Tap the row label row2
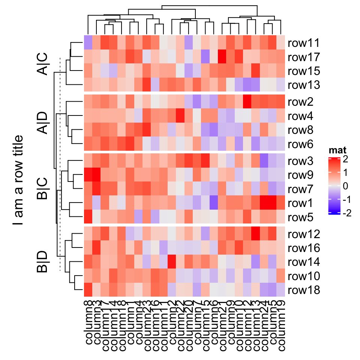point(301,102)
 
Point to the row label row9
point(301,175)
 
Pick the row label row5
point(301,217)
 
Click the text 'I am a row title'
point(18,180)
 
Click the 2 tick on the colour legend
point(345,159)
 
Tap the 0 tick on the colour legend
point(345,186)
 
